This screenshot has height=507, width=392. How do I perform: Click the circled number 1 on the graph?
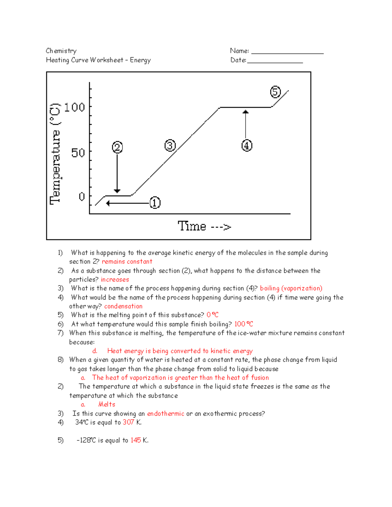click(x=155, y=203)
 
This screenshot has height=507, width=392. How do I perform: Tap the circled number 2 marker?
click(x=117, y=147)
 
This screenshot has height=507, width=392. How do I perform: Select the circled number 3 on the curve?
click(x=170, y=145)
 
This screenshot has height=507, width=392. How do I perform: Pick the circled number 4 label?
click(x=247, y=145)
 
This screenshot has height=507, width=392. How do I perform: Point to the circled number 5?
click(x=275, y=92)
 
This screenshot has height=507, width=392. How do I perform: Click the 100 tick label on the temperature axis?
click(x=74, y=107)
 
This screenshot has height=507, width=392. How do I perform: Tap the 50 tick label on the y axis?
click(x=78, y=152)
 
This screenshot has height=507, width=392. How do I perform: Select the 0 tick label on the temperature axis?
click(x=82, y=197)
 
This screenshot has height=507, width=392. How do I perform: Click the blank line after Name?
click(x=287, y=52)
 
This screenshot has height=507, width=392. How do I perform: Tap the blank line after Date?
click(x=275, y=61)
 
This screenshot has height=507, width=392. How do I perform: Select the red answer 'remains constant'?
click(x=127, y=261)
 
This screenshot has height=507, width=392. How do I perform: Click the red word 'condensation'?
click(x=123, y=306)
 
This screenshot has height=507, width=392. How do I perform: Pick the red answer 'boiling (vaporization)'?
click(x=291, y=288)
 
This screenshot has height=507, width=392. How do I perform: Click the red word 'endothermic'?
click(x=166, y=414)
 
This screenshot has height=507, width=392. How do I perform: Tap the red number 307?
click(x=128, y=422)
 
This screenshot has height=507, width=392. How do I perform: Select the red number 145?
click(x=136, y=440)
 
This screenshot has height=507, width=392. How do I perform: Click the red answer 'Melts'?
click(x=107, y=404)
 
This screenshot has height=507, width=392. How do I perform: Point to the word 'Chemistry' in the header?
click(x=61, y=51)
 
